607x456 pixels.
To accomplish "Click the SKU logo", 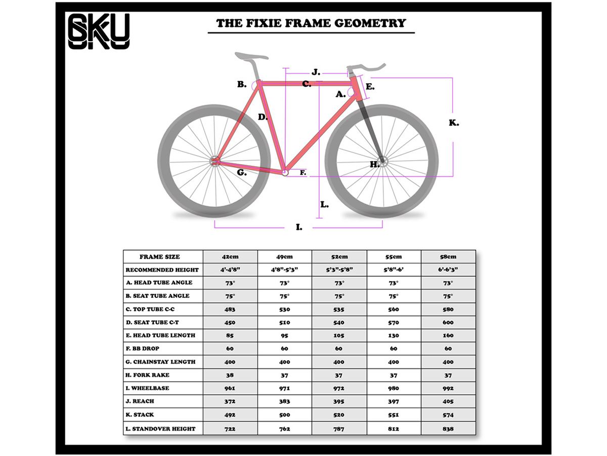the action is coord(99,31).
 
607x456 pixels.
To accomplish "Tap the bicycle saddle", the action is coord(251,56).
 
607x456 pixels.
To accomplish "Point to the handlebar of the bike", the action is coord(366,67).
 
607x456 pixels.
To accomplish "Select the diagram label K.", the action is coord(454,123).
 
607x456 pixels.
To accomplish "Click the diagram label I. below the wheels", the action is coord(299,227).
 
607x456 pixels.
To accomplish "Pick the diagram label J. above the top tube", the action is coord(316,72).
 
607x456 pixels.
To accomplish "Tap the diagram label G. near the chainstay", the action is coord(242,172).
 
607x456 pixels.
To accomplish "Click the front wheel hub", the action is coord(383,162).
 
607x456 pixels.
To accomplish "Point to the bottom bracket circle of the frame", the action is coord(285,173).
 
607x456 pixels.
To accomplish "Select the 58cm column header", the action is coord(448,257).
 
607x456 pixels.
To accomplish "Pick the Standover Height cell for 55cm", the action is coord(394,429).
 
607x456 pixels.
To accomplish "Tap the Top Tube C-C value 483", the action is coord(230,309).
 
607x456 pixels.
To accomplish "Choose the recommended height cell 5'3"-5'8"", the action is coord(339,270).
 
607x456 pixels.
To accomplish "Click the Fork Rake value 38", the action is coord(230,375).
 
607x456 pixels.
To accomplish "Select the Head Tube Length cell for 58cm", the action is coord(448,335).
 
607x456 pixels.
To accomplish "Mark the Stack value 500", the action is coord(285,415).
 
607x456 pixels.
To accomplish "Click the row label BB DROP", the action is coord(143,349).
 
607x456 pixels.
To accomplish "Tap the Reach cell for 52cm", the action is coord(339,401).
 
